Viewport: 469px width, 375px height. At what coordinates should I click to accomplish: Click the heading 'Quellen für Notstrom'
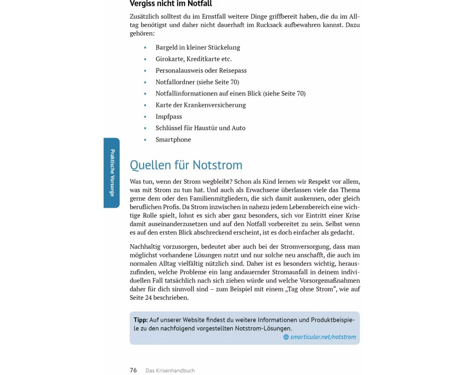coord(186,165)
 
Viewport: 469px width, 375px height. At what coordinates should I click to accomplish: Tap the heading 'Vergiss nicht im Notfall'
coord(171,4)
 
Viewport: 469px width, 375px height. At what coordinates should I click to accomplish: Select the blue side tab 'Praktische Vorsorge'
coord(112,172)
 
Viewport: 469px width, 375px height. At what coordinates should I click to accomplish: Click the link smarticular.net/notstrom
coord(323,337)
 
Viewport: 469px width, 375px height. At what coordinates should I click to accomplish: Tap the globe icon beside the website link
coord(286,337)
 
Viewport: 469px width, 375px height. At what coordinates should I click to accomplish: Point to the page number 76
coord(133,370)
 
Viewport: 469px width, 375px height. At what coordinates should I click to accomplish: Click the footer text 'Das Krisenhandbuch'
coord(170,371)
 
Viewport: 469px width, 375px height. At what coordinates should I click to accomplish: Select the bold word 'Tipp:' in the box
coord(141,320)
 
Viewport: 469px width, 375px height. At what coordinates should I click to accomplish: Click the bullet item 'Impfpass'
coord(169,116)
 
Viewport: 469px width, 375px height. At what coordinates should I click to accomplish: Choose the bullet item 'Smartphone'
coord(173,139)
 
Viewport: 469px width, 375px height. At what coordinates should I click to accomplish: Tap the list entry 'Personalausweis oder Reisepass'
coord(201,70)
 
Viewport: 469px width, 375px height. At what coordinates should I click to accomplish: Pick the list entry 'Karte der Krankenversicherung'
coord(200,105)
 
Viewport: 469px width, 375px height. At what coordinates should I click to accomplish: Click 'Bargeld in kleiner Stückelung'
coord(197,47)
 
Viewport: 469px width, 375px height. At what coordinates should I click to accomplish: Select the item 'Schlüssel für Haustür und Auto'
coord(200,128)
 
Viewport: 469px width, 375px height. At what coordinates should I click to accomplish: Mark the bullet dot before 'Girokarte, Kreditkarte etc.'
coord(145,59)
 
